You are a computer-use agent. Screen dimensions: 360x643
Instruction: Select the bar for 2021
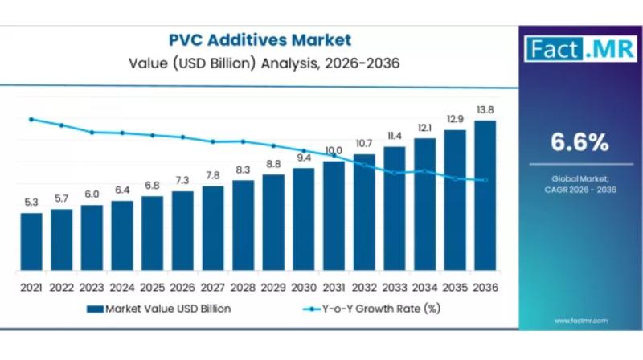pos(31,240)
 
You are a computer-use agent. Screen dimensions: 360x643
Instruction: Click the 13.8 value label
pos(485,109)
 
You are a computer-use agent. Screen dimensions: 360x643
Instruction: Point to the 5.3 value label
pos(31,202)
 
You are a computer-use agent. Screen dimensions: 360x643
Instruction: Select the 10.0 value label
pos(334,150)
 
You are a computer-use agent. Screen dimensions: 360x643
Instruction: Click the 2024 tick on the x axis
pos(122,287)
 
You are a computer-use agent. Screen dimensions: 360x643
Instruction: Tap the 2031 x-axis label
pos(334,287)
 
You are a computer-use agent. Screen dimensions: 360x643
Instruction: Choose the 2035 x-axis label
pos(455,287)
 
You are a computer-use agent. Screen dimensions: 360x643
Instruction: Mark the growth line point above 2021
pos(31,119)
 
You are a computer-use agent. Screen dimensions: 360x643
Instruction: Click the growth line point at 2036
pos(485,180)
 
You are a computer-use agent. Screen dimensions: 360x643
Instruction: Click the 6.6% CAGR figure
pos(579,143)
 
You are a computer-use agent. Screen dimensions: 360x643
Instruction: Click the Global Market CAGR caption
pos(579,183)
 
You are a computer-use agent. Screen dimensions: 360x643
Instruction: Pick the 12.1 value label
pos(424,128)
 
